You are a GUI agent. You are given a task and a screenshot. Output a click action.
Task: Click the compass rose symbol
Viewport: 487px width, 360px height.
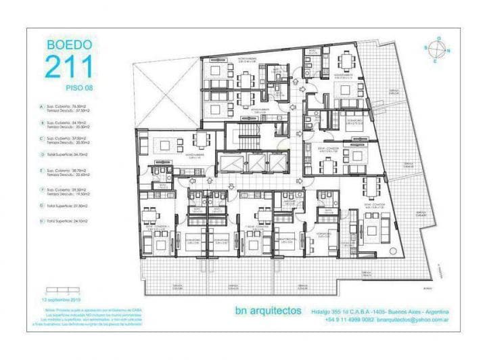click(439, 50)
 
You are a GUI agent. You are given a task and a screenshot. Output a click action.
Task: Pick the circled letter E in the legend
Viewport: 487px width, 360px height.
click(41, 173)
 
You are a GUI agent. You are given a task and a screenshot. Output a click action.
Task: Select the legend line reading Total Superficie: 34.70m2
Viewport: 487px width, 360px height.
click(68, 156)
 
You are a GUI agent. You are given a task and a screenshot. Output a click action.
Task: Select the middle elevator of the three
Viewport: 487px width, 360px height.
click(255, 162)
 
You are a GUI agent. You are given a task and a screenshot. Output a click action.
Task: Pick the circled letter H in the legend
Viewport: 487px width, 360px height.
click(41, 220)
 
